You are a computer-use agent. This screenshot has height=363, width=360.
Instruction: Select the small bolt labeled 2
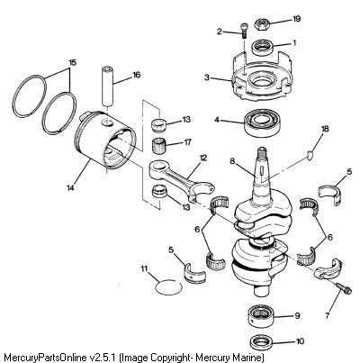click(243, 31)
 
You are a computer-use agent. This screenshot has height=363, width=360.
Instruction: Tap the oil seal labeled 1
click(263, 48)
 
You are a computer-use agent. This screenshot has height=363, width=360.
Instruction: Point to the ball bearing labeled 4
click(263, 123)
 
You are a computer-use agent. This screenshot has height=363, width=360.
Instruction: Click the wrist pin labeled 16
click(107, 87)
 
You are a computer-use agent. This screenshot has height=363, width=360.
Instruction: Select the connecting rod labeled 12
click(182, 182)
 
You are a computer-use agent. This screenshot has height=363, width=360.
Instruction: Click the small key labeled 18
click(310, 155)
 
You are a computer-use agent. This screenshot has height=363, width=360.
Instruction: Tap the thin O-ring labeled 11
click(168, 287)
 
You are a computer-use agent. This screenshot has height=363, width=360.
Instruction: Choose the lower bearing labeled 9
click(261, 316)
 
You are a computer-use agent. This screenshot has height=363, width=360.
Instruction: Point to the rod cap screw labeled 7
click(344, 289)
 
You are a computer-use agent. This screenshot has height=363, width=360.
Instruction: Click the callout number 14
click(71, 188)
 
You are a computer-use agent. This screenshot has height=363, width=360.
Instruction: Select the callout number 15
click(73, 63)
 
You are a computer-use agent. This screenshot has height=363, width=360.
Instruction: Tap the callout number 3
click(207, 77)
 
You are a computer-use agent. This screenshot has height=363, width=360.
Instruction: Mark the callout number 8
click(231, 161)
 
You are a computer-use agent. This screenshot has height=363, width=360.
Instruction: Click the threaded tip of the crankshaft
click(262, 150)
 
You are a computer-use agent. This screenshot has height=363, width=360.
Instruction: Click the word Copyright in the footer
click(172, 358)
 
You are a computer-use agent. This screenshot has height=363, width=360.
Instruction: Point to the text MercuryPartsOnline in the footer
click(44, 358)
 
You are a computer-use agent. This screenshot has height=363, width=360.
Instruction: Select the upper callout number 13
click(186, 120)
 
